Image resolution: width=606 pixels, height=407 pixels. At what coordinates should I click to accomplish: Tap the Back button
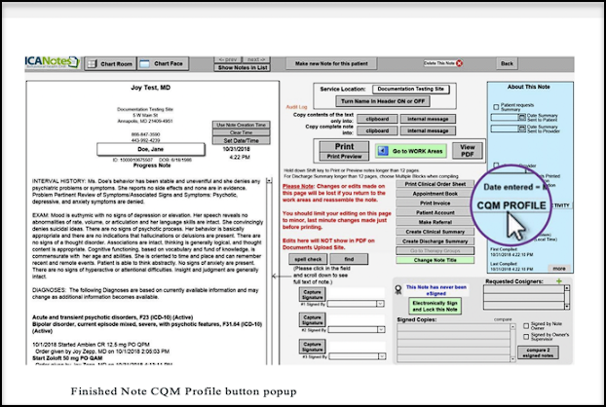pyautogui.click(x=507, y=63)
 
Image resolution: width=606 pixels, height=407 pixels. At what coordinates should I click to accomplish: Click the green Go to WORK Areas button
pyautogui.click(x=414, y=151)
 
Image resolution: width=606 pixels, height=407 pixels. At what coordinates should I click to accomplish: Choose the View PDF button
pyautogui.click(x=467, y=150)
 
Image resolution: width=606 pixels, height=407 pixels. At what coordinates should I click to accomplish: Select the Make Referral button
pyautogui.click(x=436, y=220)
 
